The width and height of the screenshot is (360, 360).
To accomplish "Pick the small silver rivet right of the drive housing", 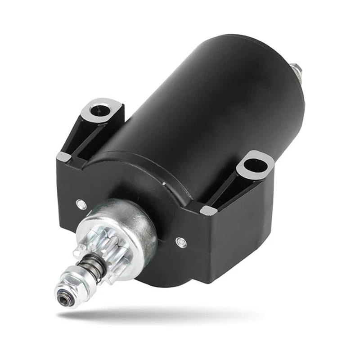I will coord(181,242).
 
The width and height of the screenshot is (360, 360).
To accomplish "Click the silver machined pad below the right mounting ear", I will coord(208,210).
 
